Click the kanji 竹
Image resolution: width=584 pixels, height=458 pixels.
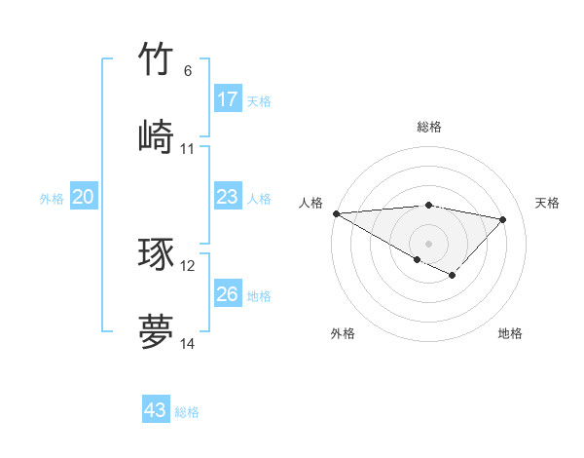tap(156, 59)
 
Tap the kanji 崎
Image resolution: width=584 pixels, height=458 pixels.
tap(156, 135)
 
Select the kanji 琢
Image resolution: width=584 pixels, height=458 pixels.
tap(156, 253)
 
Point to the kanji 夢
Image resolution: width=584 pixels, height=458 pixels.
tap(156, 331)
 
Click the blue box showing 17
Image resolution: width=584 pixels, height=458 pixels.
tap(227, 98)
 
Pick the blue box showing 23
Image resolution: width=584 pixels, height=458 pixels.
tap(227, 197)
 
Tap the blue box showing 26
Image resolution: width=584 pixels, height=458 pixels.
tap(227, 293)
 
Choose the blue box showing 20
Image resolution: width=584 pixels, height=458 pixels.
tap(83, 197)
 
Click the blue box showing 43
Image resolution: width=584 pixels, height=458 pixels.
tap(156, 410)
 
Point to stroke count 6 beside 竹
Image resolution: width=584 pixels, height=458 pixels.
tap(188, 71)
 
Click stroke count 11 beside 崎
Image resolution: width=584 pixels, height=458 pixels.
tap(188, 149)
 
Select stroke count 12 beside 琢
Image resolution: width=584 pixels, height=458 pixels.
tap(188, 265)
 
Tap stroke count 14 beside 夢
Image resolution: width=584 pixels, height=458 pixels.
tap(188, 344)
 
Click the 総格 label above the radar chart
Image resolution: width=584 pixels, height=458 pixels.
tap(428, 127)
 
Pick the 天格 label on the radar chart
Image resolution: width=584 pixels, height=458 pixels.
tap(547, 203)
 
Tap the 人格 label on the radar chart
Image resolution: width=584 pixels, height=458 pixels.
tap(310, 203)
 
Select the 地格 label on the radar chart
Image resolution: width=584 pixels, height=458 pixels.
tap(510, 333)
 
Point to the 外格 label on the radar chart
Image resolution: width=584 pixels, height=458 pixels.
tap(343, 333)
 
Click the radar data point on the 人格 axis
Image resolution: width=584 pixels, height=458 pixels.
tap(336, 213)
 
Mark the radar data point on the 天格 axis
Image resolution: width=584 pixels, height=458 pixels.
tap(503, 219)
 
